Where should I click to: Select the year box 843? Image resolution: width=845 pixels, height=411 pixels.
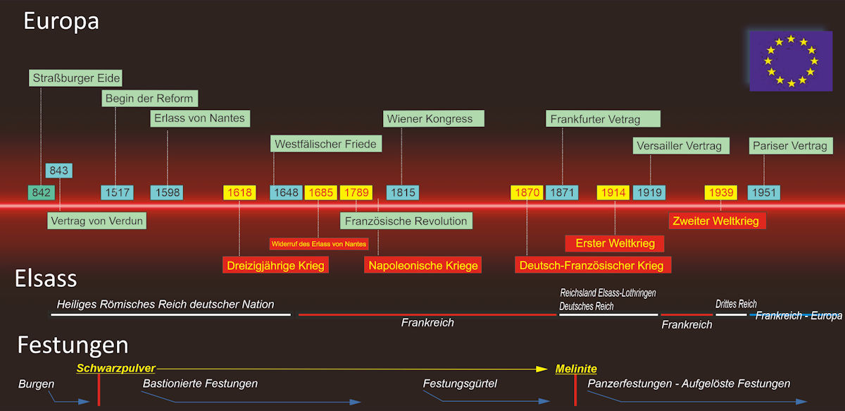tap(59, 171)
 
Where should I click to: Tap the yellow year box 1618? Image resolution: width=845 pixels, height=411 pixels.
tap(239, 192)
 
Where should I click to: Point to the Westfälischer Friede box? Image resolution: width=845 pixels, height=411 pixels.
tap(325, 144)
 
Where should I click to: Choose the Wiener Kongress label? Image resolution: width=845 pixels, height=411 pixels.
tap(430, 118)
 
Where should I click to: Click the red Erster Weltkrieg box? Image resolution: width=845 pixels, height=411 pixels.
tap(615, 243)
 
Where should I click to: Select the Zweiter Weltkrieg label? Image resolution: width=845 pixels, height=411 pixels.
tap(716, 221)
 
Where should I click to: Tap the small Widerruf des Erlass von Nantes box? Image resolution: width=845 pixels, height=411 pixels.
tap(319, 243)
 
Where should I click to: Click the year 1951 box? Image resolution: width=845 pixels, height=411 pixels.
tap(764, 192)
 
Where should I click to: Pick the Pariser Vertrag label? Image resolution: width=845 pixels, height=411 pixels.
tap(790, 146)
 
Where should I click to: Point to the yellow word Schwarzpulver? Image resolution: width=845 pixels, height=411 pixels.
tap(115, 368)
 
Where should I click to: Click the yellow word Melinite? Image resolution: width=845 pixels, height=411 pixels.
tap(576, 369)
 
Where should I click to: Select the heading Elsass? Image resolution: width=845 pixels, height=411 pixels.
tap(46, 279)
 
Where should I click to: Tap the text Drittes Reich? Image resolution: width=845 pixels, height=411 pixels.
tap(736, 304)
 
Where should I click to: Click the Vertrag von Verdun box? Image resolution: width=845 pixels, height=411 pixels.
tap(97, 221)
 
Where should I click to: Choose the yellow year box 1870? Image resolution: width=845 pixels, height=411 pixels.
tap(527, 192)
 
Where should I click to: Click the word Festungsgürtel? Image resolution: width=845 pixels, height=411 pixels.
tap(460, 384)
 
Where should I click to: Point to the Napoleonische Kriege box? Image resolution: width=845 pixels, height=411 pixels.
tap(423, 266)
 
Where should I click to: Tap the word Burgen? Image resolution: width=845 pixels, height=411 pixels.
tap(36, 384)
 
